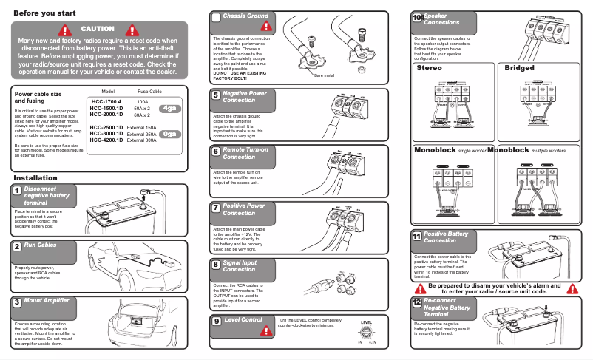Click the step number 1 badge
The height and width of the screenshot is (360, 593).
click(16, 191)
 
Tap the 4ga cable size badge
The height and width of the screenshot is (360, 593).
click(170, 109)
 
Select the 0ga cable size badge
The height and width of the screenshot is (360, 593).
click(170, 134)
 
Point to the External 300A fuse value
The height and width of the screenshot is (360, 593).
click(142, 140)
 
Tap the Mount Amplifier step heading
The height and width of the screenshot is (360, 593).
click(47, 302)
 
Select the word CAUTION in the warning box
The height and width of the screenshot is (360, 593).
click(98, 29)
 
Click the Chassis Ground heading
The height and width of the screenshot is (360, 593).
click(245, 16)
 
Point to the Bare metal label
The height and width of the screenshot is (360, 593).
click(325, 76)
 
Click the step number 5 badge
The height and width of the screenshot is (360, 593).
click(215, 95)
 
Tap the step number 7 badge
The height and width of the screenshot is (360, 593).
click(215, 208)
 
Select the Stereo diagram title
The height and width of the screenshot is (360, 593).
click(429, 68)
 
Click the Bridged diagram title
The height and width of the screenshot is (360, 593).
click(519, 68)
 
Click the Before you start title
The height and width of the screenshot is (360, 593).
click(44, 13)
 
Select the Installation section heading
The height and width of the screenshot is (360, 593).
click(35, 178)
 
